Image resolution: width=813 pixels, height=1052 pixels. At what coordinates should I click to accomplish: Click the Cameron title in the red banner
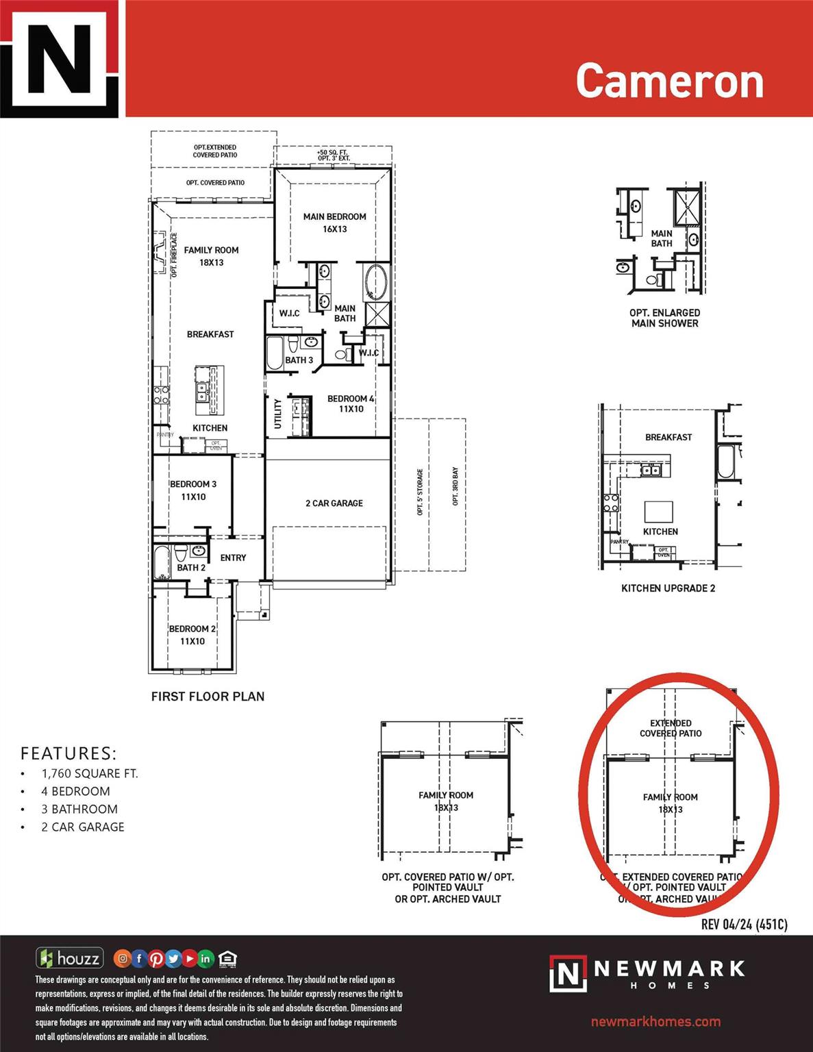[x=669, y=81]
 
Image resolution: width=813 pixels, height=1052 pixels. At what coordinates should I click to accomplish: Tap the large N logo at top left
[x=59, y=58]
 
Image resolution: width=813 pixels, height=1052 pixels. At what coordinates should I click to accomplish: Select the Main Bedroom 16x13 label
[x=334, y=223]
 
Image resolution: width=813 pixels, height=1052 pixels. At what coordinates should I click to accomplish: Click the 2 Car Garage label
[x=334, y=503]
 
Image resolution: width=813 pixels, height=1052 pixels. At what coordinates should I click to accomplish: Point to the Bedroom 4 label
[x=351, y=403]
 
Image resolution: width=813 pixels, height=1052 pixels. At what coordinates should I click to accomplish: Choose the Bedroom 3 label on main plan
[x=193, y=490]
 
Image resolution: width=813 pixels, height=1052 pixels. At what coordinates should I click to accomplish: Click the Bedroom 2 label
[x=192, y=635]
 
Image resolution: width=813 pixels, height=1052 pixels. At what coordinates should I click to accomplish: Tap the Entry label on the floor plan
[x=233, y=558]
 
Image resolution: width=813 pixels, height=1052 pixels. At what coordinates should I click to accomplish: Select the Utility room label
[x=278, y=414]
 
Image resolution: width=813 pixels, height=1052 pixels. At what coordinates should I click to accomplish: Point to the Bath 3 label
[x=299, y=360]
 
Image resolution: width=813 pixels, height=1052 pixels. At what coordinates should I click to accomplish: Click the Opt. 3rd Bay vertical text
[x=455, y=487]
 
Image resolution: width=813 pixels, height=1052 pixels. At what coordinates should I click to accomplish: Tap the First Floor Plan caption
[x=208, y=697]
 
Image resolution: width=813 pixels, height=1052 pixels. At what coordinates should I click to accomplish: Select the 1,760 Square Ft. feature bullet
[x=89, y=773]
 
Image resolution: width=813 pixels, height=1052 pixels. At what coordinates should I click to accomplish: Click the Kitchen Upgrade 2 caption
[x=668, y=588]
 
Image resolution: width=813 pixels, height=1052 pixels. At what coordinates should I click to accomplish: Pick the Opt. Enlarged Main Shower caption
[x=664, y=318]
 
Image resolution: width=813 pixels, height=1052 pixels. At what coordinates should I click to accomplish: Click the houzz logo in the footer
[x=71, y=958]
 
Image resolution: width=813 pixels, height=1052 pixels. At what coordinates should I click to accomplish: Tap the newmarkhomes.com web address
[x=655, y=1022]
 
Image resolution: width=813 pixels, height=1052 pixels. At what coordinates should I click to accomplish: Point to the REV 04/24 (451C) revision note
[x=744, y=925]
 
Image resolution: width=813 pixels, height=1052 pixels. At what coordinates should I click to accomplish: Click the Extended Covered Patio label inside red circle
[x=671, y=728]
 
